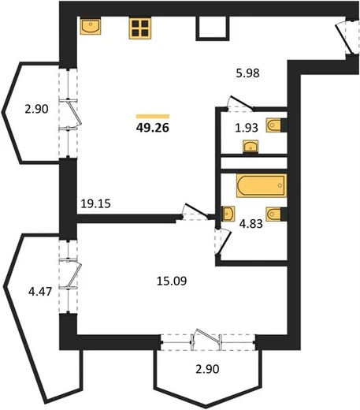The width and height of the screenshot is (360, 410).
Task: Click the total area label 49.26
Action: [153, 128]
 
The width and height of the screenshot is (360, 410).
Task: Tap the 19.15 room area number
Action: [95, 203]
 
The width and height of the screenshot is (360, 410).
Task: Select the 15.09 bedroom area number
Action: [172, 281]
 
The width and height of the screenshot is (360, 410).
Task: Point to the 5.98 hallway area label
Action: [247, 73]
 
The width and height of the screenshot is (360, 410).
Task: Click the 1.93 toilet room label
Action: [247, 128]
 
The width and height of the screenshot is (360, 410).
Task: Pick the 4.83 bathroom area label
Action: [251, 224]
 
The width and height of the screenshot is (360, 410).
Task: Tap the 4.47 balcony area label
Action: [40, 292]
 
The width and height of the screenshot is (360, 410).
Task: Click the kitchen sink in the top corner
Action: [91, 26]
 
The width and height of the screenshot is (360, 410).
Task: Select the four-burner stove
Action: [140, 28]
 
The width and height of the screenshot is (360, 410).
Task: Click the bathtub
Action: [262, 185]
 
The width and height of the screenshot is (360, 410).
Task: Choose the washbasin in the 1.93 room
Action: [251, 147]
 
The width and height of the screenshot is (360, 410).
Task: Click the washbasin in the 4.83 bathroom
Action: [228, 213]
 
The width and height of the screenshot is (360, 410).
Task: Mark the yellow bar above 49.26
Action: [153, 117]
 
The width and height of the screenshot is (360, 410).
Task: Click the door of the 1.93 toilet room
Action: [240, 102]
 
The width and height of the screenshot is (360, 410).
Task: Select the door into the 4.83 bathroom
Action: [224, 242]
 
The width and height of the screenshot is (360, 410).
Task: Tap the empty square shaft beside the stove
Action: [213, 28]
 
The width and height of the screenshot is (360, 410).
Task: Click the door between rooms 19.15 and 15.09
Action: [195, 211]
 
